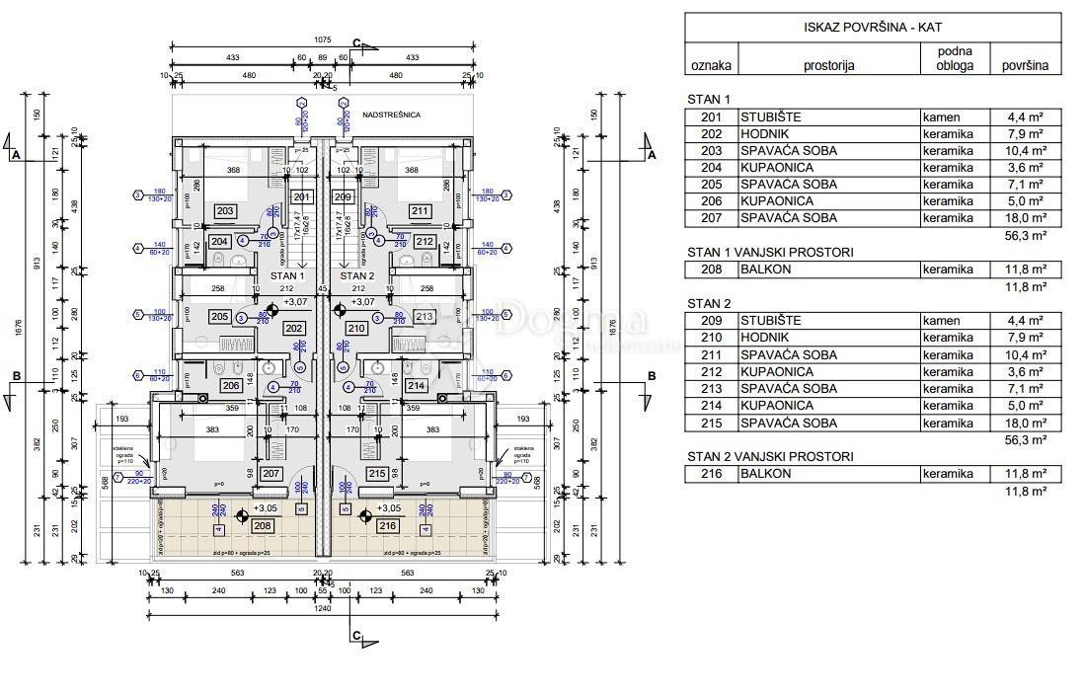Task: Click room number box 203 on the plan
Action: click(x=225, y=211)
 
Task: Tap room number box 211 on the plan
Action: click(x=420, y=211)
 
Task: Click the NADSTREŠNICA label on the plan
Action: click(x=391, y=116)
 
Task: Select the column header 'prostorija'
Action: click(x=827, y=66)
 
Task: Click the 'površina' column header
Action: click(x=1025, y=66)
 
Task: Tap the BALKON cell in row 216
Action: click(x=765, y=474)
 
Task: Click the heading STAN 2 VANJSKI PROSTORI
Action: click(x=770, y=456)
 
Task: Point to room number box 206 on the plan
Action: click(x=230, y=386)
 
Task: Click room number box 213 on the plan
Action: click(x=424, y=317)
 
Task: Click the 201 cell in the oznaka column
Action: click(x=711, y=117)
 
